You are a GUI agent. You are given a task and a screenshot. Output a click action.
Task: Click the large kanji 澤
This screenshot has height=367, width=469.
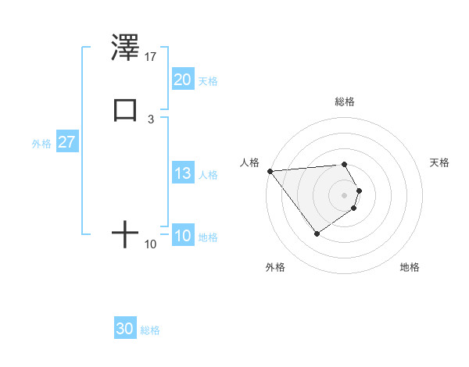[x=125, y=49]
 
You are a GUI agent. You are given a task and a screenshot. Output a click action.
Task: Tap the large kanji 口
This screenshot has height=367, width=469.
[x=125, y=110]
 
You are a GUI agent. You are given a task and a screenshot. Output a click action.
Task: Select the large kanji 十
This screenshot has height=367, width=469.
[x=125, y=233]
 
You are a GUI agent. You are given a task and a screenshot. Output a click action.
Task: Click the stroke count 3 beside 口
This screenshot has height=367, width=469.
[x=151, y=119]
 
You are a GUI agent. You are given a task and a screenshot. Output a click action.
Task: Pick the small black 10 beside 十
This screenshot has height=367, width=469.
[x=151, y=244]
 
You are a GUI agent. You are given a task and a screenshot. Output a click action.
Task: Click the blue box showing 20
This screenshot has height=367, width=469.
[x=183, y=80]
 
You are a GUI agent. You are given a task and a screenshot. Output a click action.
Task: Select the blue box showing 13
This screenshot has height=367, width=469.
[x=183, y=174]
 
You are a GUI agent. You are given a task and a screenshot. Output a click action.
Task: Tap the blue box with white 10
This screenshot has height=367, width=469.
[x=183, y=237]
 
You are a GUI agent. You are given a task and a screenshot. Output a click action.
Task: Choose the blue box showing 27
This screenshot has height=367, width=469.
[x=66, y=143]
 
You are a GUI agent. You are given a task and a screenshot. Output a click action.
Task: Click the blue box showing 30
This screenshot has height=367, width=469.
[x=125, y=330]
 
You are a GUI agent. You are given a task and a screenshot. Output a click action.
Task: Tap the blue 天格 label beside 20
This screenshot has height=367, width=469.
[x=208, y=81]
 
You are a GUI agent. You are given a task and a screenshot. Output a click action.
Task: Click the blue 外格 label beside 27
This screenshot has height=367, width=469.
[x=41, y=144]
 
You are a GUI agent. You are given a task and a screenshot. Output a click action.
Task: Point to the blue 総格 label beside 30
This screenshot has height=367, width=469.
[x=150, y=330]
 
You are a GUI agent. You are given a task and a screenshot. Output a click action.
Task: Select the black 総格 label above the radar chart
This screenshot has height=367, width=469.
[x=344, y=102]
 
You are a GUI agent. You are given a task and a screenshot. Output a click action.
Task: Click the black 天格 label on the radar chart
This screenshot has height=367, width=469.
[x=439, y=162]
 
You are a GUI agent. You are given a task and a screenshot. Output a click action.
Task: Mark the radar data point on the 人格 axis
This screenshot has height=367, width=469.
[x=270, y=170]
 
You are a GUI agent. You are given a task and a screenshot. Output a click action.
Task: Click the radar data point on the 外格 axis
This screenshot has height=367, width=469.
[x=317, y=233]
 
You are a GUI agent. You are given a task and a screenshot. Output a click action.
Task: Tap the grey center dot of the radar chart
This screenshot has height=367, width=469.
[x=344, y=194]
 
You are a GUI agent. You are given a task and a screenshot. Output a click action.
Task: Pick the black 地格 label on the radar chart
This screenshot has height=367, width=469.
[x=410, y=268]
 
